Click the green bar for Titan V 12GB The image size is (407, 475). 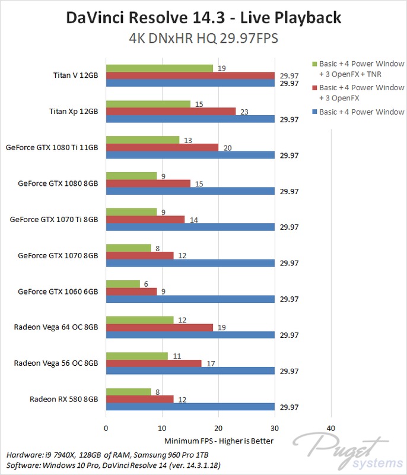[x=159, y=68]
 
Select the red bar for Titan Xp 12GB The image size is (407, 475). [x=171, y=111]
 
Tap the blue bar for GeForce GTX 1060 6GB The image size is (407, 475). [x=190, y=299]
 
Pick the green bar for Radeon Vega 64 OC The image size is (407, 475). [x=139, y=320]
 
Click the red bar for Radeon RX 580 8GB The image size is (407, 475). [x=139, y=399]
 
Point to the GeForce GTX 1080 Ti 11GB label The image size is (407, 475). [x=52, y=147]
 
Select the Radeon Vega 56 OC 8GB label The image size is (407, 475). [x=56, y=363]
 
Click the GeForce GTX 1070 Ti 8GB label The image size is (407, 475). [x=54, y=219]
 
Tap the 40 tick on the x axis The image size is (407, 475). [x=330, y=428]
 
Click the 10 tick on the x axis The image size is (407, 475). [x=162, y=428]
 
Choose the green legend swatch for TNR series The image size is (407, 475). [x=313, y=64]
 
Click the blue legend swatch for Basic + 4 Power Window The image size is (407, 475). [x=313, y=112]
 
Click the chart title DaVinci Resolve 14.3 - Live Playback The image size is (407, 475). [x=203, y=18]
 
